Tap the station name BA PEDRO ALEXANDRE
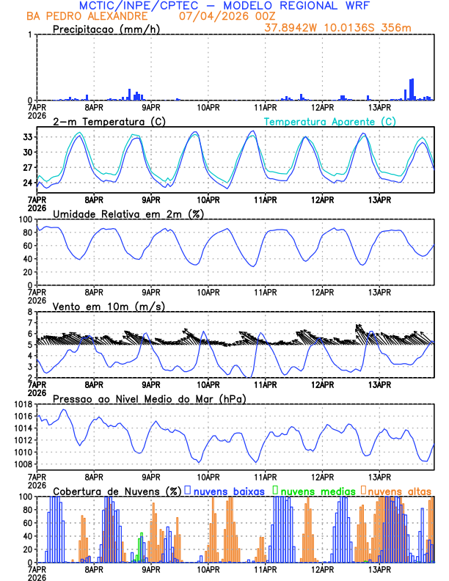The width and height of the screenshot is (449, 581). point(87,16)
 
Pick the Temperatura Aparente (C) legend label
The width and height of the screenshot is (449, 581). point(329,121)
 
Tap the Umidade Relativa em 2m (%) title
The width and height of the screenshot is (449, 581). point(128,213)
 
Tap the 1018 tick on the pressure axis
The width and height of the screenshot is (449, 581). point(23,404)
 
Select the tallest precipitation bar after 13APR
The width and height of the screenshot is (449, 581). point(412,89)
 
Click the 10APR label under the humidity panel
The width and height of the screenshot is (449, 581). point(209,293)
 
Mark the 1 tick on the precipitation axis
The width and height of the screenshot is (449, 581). point(31,34)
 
